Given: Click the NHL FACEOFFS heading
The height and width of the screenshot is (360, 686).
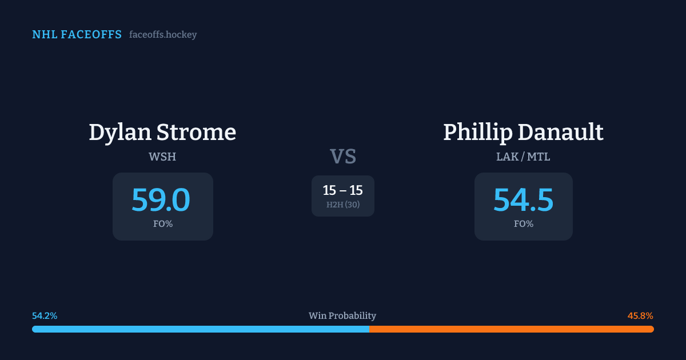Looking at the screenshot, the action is tap(77, 35).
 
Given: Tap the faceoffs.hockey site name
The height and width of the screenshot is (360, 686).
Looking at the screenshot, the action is tap(163, 35).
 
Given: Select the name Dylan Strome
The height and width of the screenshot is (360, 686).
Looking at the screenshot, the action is tap(162, 133).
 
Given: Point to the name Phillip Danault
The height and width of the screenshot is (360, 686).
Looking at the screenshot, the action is tap(523, 133).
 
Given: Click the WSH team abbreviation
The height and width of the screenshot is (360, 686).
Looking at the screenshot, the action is tap(162, 157).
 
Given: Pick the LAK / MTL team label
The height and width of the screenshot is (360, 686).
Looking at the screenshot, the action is tap(523, 157).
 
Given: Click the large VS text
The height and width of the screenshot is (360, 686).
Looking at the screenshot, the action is tap(343, 157).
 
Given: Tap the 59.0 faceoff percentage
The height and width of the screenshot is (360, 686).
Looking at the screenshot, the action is tap(161, 200).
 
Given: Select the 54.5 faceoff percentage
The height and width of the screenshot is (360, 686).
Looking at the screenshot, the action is tap(524, 200).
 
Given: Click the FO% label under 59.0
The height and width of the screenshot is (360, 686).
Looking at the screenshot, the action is tap(163, 224).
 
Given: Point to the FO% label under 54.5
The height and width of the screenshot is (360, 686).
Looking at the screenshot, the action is tap(524, 224).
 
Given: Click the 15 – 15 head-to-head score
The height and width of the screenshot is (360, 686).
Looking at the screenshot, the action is tap(342, 190).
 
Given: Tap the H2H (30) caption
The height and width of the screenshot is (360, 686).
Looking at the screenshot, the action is tap(343, 205).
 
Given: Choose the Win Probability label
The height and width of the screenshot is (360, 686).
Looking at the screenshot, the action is tap(342, 315).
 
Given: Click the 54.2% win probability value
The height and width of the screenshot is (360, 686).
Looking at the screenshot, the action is tap(45, 315).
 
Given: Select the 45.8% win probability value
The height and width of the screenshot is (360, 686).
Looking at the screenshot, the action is tap(640, 315).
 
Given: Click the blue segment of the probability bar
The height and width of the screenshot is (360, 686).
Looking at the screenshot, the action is tap(201, 329).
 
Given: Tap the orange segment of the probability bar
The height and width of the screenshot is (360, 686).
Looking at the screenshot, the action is tap(512, 329).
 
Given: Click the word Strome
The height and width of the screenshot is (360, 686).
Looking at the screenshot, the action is tap(196, 132).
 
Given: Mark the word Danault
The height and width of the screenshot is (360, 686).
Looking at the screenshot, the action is tap(561, 132).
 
